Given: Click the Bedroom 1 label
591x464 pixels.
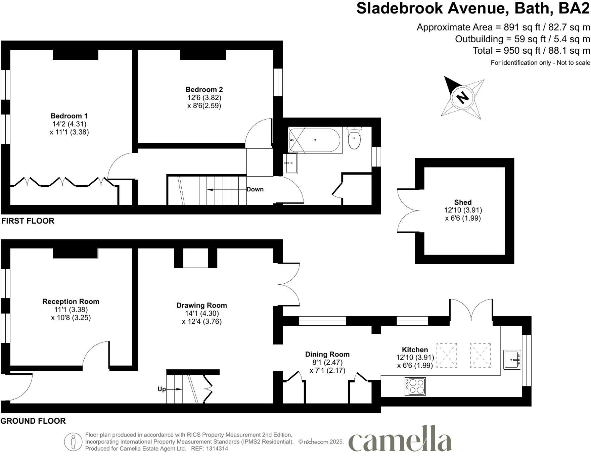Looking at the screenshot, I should pos(69,116).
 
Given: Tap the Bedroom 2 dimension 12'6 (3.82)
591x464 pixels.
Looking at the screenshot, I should pos(204,98).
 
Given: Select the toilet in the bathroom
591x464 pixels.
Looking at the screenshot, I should pos(354,139).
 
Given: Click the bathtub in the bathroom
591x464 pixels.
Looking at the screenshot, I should pos(315,140).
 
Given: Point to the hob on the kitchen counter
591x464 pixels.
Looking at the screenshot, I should pos(416,386).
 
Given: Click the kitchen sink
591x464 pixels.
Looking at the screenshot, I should pos(512,360).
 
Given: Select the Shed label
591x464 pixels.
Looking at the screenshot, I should pos(463,202).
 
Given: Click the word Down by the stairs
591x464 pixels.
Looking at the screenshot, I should pos(255,189).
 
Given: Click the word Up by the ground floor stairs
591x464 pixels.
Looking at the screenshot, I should pos(162,389).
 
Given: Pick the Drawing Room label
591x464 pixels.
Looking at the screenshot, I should pos(201,305).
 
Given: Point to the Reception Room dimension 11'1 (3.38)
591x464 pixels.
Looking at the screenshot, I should pos(71,310).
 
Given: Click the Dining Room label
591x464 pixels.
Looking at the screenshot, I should pos(327,354).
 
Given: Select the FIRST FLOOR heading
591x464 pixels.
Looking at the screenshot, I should pos(28,221).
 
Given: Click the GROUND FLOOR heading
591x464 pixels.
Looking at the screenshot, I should pos(33,421).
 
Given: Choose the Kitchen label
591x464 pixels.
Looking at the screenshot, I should pos(415,350).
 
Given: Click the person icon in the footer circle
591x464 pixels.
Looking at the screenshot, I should pos(73,442).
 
